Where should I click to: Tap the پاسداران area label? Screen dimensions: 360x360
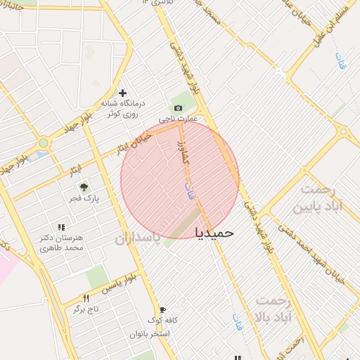[138, 238]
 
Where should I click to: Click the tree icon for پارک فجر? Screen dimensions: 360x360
[83, 187]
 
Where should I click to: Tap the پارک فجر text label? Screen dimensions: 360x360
[83, 199]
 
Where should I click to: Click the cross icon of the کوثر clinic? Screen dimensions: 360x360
[122, 92]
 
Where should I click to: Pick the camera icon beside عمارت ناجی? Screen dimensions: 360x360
[178, 108]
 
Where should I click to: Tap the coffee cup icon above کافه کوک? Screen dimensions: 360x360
[162, 309]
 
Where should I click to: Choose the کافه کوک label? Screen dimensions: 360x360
[162, 321]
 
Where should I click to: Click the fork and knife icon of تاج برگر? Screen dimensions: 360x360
[86, 297]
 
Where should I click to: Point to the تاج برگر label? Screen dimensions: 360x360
[86, 309]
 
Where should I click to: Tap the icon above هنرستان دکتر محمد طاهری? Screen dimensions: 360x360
[61, 227]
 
